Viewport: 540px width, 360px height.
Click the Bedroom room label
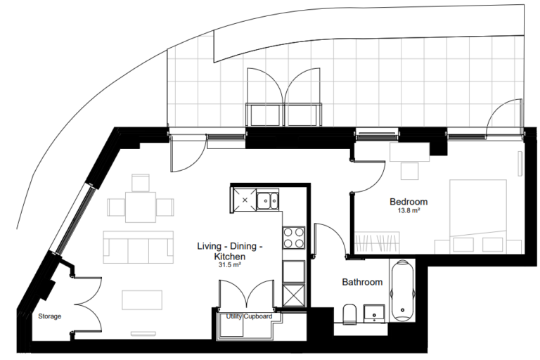coord(409,202)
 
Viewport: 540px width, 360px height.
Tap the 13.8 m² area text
coord(409,211)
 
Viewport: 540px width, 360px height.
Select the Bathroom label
coord(362,282)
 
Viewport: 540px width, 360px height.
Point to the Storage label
coord(49,316)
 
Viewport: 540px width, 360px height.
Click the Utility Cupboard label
coord(249,317)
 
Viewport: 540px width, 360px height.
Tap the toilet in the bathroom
coord(348,313)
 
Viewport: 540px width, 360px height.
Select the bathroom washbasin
coord(373,311)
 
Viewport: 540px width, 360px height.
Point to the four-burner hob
coord(293,237)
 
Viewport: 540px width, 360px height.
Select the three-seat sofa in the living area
coord(139,245)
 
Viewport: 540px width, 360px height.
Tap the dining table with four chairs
coord(141,206)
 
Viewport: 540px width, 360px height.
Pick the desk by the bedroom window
coord(409,153)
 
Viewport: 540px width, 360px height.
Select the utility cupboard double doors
coord(249,294)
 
